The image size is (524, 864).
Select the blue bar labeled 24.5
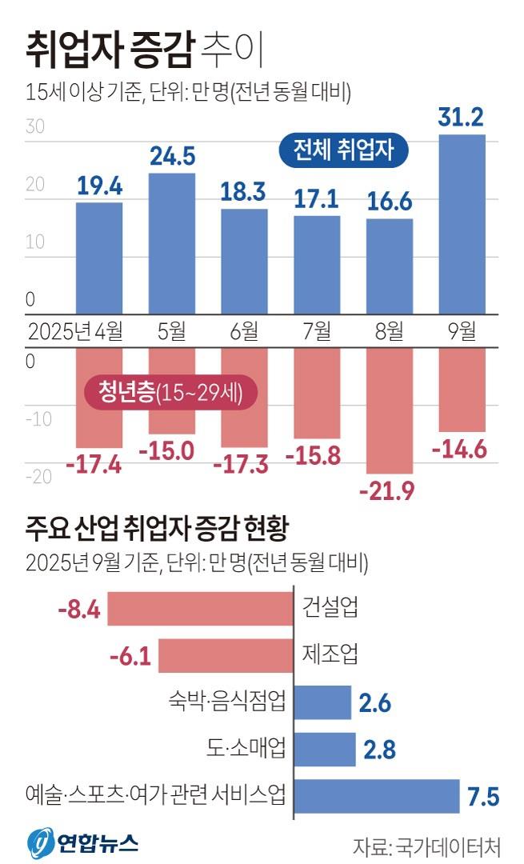click(172, 243)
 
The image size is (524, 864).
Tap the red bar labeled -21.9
click(390, 410)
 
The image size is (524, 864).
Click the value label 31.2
click(462, 118)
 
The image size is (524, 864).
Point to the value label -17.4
click(99, 464)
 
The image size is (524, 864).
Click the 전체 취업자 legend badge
click(343, 150)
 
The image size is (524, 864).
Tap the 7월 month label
click(317, 330)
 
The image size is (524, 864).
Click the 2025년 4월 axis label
click(75, 330)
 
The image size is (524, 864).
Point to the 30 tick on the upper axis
click(34, 126)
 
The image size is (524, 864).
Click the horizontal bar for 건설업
click(200, 609)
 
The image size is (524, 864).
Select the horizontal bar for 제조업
click(226, 655)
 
